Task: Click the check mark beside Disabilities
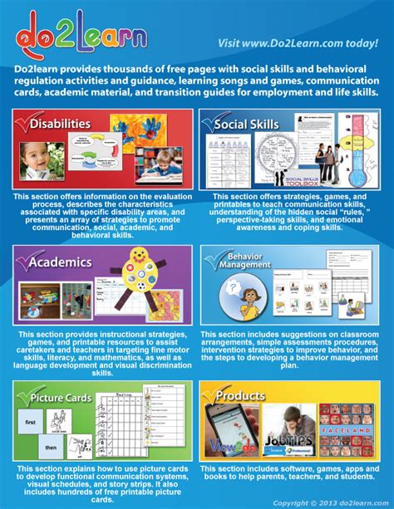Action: [25, 123]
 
